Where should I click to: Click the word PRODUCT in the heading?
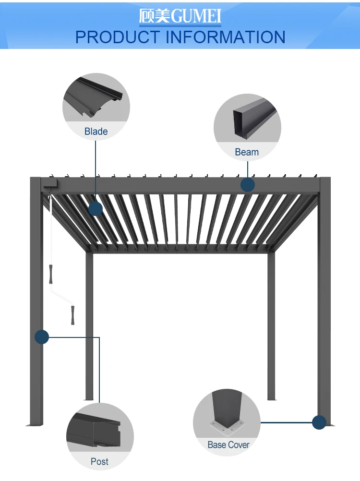(x=118, y=37)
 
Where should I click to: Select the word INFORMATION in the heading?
(x=226, y=37)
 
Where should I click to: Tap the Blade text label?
(x=96, y=132)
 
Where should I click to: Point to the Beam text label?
(x=247, y=152)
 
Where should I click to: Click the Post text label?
(x=99, y=461)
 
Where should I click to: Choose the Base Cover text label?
(x=228, y=445)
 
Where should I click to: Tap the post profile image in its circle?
(x=96, y=432)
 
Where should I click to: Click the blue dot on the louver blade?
(x=96, y=208)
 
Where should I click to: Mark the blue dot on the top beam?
(x=248, y=185)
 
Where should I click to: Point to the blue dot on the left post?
(x=42, y=337)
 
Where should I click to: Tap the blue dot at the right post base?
(x=319, y=422)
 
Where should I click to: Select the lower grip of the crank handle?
(x=72, y=314)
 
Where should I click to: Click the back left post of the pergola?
(x=89, y=326)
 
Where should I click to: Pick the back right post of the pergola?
(x=272, y=326)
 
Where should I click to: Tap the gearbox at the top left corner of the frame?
(x=50, y=184)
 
